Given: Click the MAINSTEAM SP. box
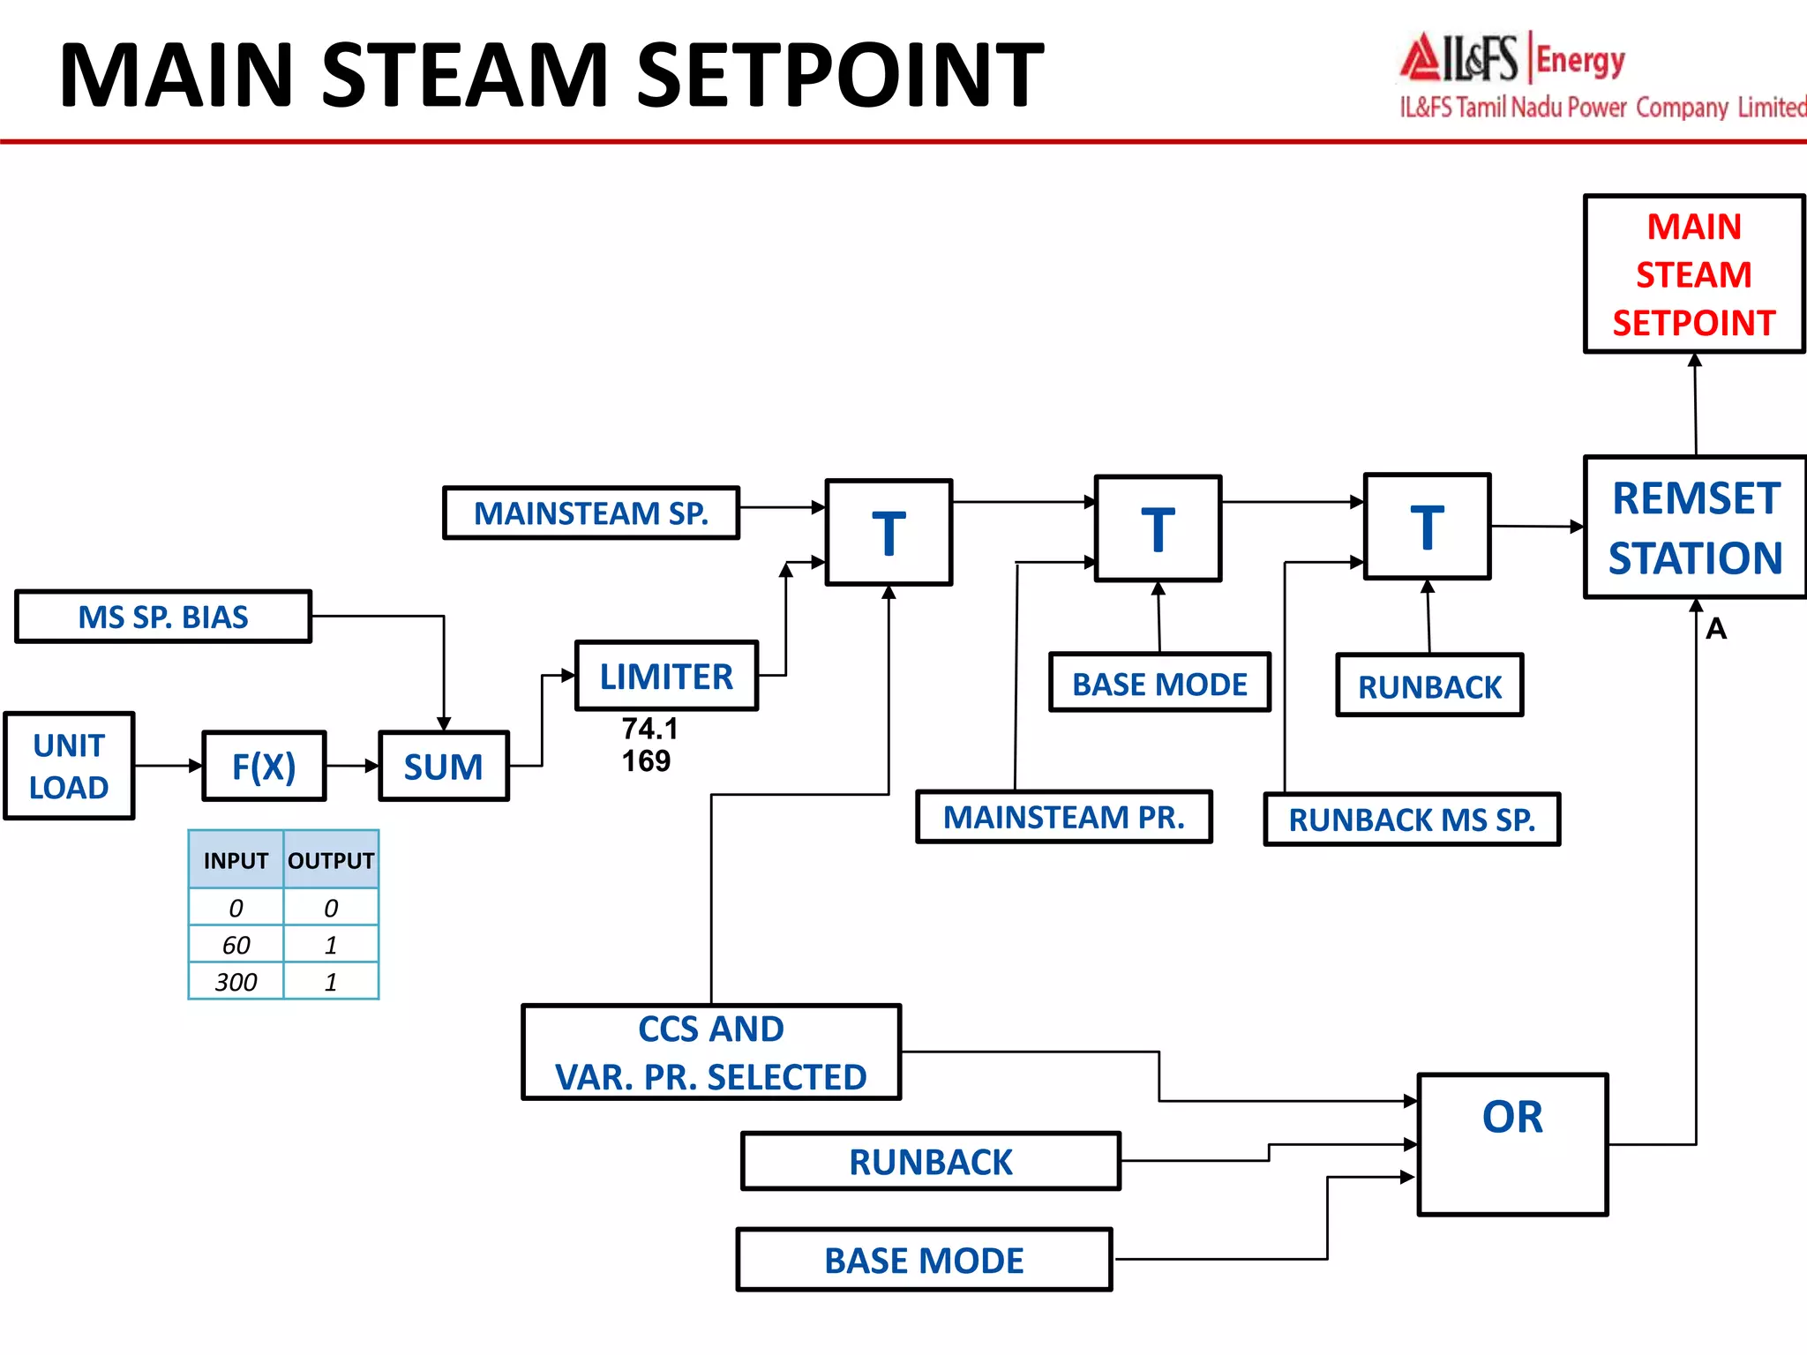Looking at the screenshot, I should pyautogui.click(x=590, y=513).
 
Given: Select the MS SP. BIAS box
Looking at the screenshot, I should pyautogui.click(x=163, y=617).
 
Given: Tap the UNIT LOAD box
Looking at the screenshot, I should pyautogui.click(x=69, y=766).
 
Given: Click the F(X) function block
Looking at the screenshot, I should pyautogui.click(x=264, y=766).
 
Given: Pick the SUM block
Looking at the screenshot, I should pyautogui.click(x=443, y=766).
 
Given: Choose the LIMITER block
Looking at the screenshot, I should pyautogui.click(x=666, y=676).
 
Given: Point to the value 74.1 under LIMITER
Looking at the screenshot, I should pyautogui.click(x=649, y=729).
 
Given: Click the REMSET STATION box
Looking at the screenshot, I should pyautogui.click(x=1694, y=527).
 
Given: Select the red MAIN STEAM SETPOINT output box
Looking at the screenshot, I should pyautogui.click(x=1693, y=274).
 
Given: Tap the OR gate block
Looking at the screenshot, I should pyautogui.click(x=1512, y=1144).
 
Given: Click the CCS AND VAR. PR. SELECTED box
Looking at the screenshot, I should pyautogui.click(x=711, y=1052).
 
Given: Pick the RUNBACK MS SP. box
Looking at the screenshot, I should pyautogui.click(x=1412, y=820).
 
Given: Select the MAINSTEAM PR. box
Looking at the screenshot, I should pyautogui.click(x=1064, y=817).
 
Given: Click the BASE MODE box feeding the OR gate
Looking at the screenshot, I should pyautogui.click(x=924, y=1260).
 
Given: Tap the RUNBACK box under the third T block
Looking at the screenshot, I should pyautogui.click(x=1429, y=685).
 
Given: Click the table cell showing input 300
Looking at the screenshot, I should pyautogui.click(x=236, y=982).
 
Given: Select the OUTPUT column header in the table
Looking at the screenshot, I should pyautogui.click(x=331, y=860).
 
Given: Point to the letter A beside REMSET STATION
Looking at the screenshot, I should pyautogui.click(x=1716, y=629).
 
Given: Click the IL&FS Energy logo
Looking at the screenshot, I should pyautogui.click(x=1513, y=59).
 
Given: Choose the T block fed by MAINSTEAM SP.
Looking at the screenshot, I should pyautogui.click(x=889, y=532).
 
